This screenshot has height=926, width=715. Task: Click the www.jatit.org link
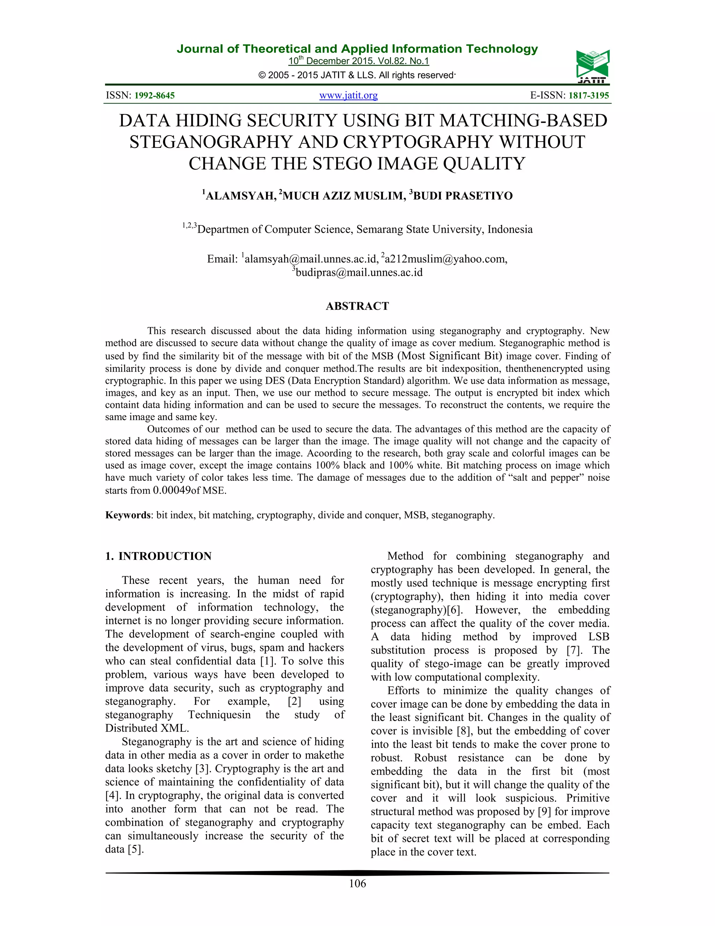[348, 95]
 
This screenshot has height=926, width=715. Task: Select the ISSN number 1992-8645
[154, 95]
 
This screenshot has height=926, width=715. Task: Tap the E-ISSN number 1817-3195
[588, 95]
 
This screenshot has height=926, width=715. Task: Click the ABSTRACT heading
[357, 306]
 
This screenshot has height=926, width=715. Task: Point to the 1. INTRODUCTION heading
[158, 556]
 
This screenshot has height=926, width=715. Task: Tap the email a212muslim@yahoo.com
[445, 259]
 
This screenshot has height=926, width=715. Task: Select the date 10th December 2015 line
[358, 61]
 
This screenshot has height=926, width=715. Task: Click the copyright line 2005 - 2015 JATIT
[357, 75]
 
